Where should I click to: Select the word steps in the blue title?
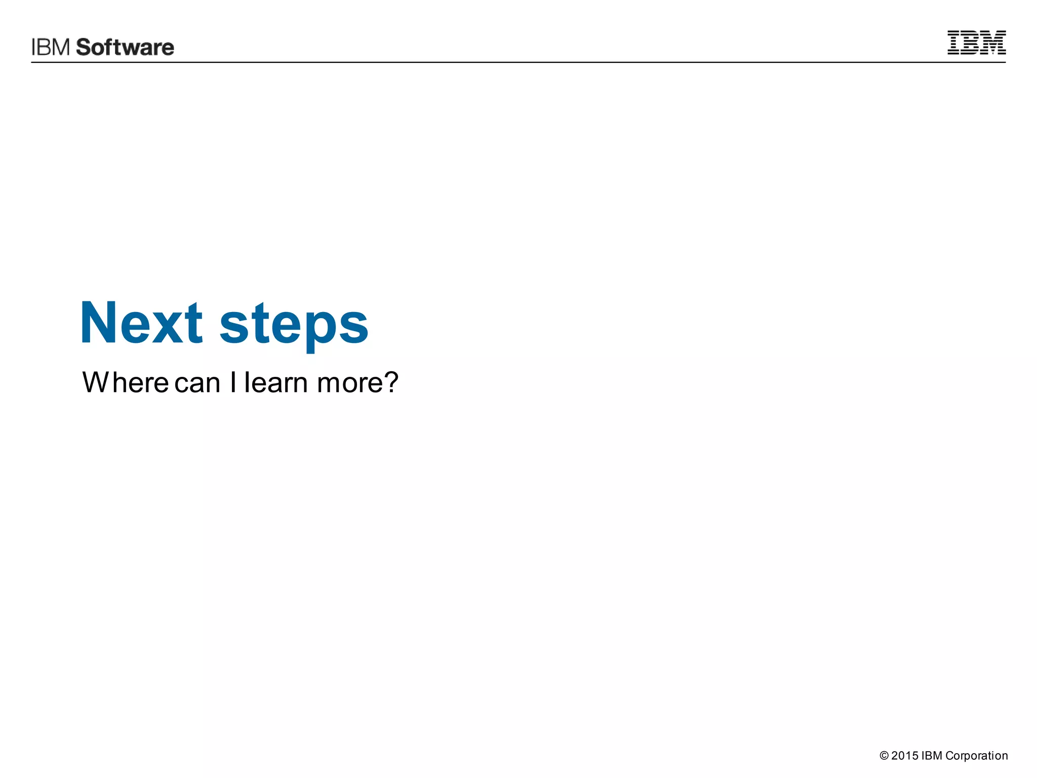point(294,324)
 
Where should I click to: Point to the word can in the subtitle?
point(197,383)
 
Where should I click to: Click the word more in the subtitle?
point(349,383)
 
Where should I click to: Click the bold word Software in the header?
point(125,47)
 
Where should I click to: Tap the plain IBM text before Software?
point(51,47)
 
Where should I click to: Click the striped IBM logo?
point(976,43)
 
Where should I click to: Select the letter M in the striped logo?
point(994,43)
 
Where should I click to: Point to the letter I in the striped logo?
point(953,43)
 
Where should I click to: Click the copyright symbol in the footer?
point(884,756)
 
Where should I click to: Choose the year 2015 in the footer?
point(905,756)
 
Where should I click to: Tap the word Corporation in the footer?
point(977,756)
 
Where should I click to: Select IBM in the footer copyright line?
point(932,756)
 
